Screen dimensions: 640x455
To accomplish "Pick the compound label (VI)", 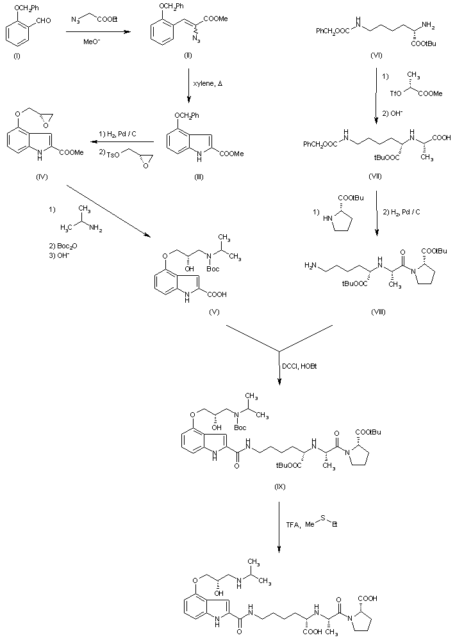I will [x=377, y=56].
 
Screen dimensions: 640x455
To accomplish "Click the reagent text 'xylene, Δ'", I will [x=207, y=85].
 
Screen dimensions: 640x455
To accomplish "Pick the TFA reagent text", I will [x=293, y=525].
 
